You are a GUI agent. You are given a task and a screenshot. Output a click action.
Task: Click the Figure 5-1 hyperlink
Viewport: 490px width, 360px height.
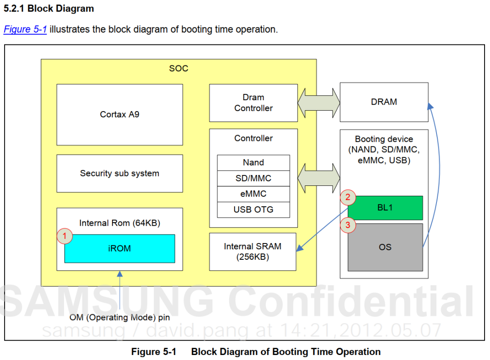(25, 29)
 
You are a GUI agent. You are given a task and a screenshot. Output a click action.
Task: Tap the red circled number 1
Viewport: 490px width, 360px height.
(65, 236)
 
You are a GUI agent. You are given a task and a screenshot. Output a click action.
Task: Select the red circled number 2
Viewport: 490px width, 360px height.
(348, 197)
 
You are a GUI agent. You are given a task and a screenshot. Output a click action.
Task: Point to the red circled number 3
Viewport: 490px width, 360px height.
(348, 225)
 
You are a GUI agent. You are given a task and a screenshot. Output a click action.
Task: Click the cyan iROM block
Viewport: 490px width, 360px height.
(120, 248)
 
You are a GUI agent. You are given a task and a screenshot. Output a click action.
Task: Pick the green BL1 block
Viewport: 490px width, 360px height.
(385, 208)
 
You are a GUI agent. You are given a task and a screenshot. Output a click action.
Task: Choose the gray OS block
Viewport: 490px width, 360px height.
(385, 247)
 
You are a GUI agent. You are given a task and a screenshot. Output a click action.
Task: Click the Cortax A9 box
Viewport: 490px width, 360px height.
(120, 115)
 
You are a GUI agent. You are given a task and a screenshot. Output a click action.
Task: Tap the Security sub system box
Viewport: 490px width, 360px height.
(120, 174)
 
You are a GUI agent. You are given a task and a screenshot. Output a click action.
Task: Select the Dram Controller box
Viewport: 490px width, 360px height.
(254, 103)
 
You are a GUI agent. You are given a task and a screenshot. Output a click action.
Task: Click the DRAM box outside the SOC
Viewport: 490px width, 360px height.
(384, 102)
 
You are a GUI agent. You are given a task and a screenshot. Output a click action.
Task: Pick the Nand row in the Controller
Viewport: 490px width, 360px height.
(254, 163)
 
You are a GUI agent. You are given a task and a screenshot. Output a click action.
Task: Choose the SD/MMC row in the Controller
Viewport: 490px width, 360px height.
(254, 178)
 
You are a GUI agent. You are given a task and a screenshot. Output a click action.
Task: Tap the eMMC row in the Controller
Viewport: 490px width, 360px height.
(254, 194)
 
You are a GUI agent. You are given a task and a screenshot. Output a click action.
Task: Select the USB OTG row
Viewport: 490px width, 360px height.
(254, 210)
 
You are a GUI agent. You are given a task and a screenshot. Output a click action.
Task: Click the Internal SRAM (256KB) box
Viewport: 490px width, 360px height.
(253, 252)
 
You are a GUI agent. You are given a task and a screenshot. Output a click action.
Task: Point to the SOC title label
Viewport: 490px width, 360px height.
(179, 68)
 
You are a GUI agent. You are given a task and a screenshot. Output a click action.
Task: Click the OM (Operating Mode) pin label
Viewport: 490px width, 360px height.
(120, 317)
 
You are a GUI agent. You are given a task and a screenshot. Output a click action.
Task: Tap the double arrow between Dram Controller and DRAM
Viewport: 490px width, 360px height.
(319, 103)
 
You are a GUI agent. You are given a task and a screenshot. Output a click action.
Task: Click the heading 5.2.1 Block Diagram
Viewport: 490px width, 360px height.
(49, 9)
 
